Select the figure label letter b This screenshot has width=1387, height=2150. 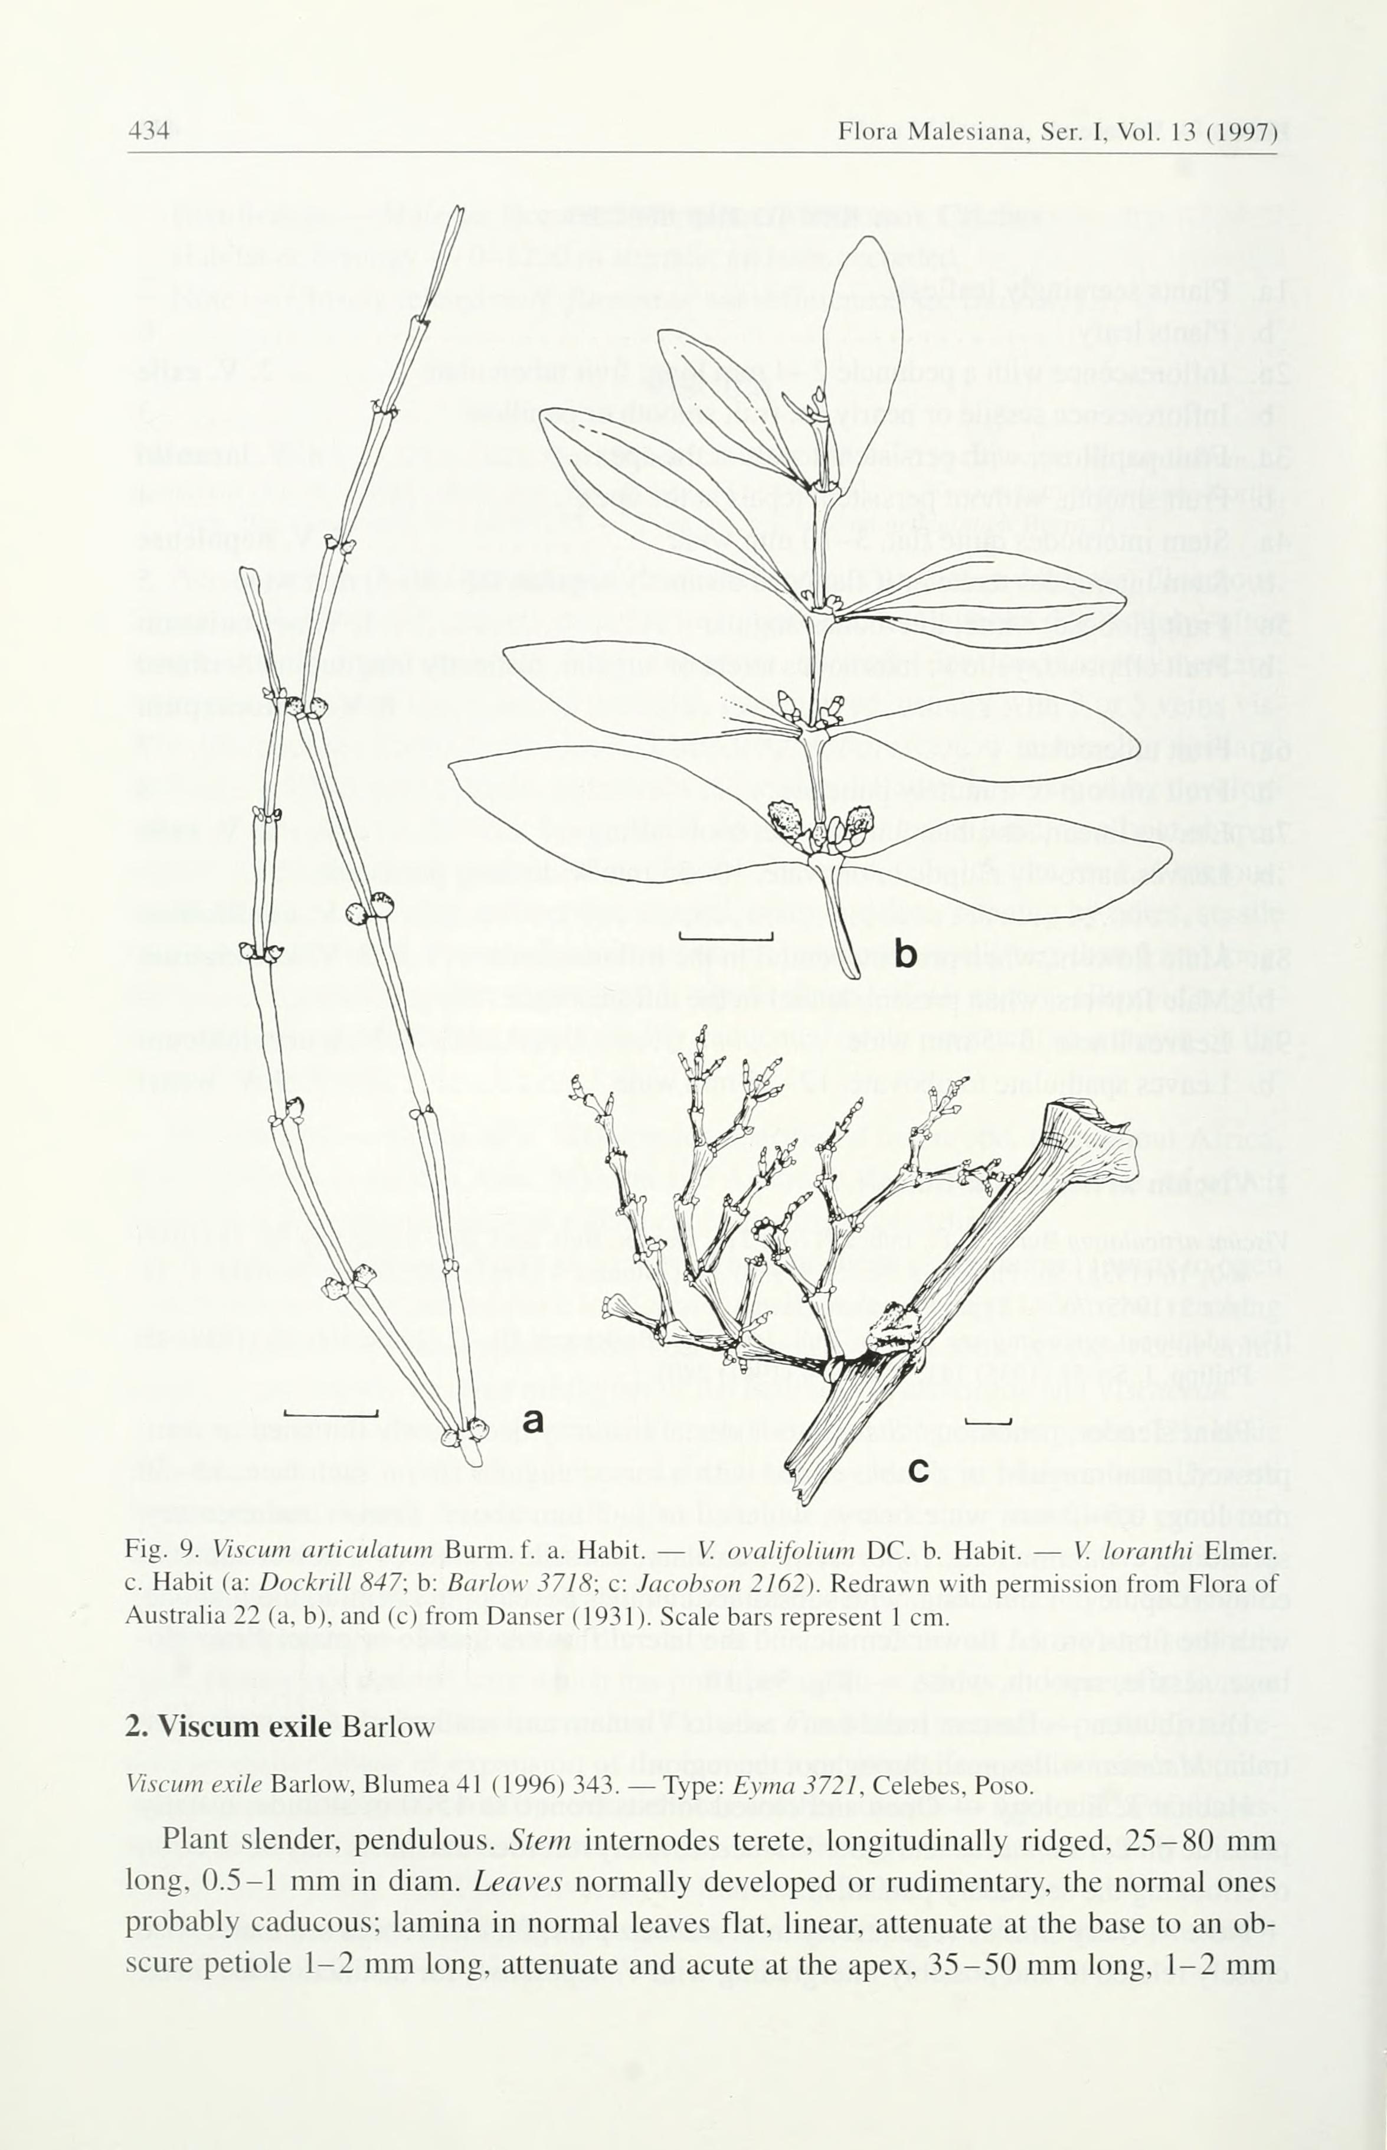click(905, 954)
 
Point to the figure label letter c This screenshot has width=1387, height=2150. click(918, 1470)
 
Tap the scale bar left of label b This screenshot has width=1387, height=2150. click(726, 937)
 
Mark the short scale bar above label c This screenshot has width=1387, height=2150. click(988, 1422)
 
